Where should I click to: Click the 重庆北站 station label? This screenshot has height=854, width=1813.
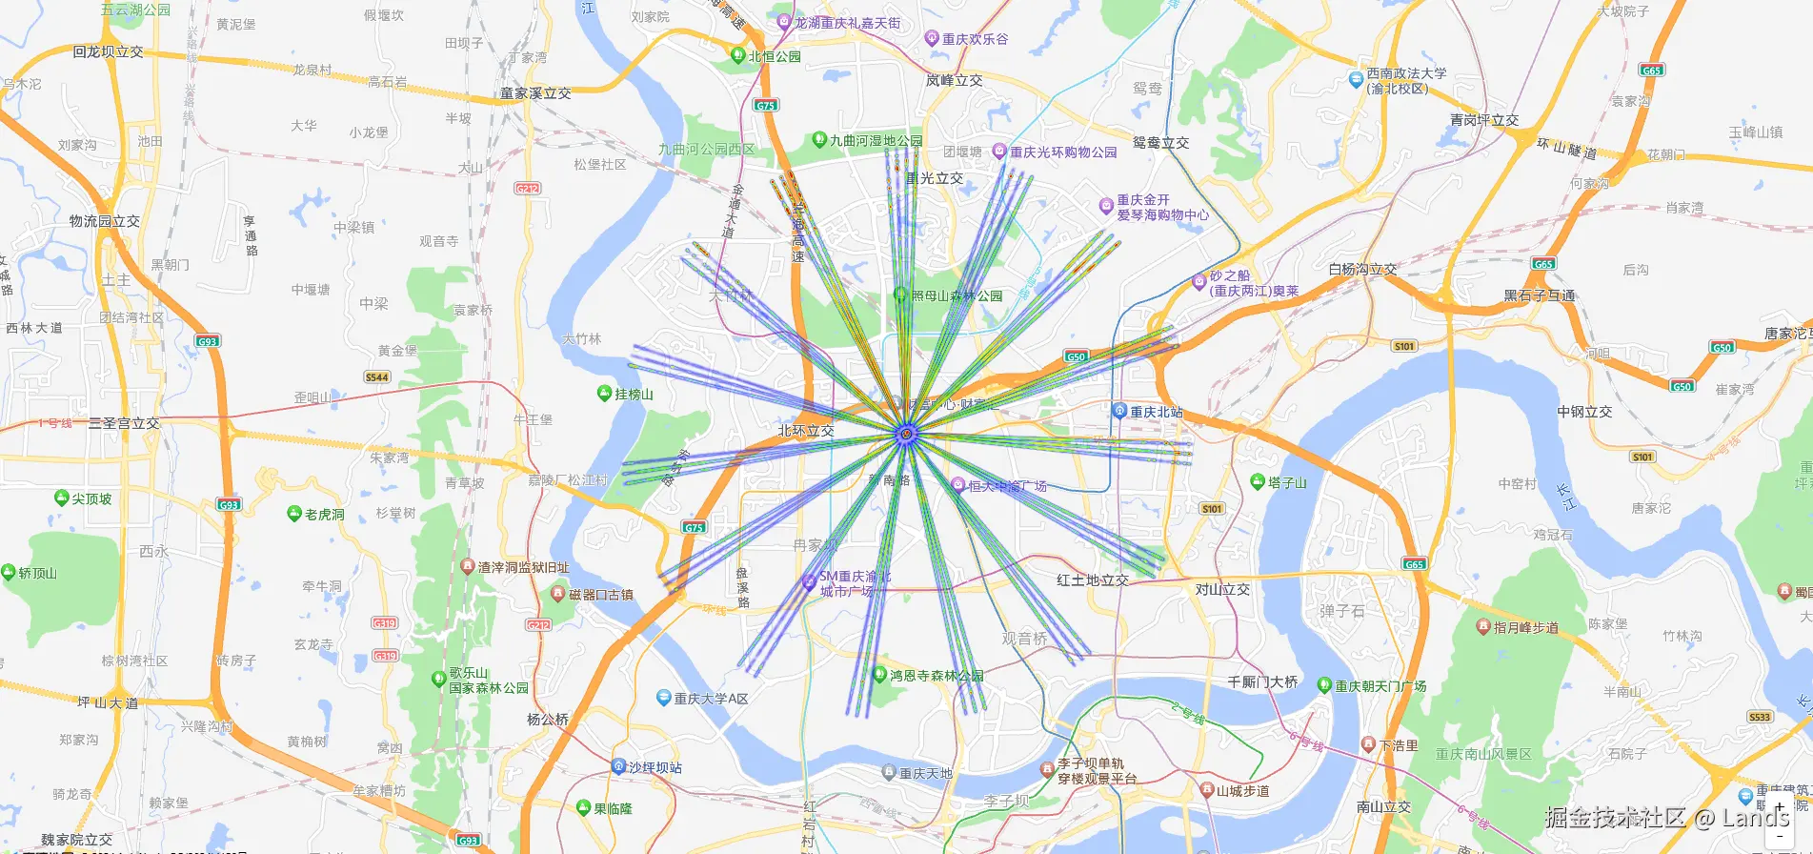coord(1156,412)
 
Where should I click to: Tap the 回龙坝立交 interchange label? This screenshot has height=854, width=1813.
coord(108,51)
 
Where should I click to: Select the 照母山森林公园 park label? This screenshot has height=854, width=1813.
coord(957,295)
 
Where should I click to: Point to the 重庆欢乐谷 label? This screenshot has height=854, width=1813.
coord(975,39)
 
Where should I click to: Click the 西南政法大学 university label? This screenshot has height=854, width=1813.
coord(1405,80)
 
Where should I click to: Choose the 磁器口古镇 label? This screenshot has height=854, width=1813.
coord(600,595)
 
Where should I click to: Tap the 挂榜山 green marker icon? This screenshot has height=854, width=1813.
coord(604,393)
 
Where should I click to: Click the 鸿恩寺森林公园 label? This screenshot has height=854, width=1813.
coord(937,675)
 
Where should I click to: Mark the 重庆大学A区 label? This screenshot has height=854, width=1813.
coord(711,699)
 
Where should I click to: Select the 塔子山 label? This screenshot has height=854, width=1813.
coord(1287,482)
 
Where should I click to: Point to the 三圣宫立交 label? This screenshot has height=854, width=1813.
coord(124,423)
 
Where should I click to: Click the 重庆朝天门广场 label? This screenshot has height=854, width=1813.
coord(1380,685)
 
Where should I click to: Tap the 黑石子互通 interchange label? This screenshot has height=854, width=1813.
coord(1539,295)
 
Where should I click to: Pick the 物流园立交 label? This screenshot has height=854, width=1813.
coord(105,221)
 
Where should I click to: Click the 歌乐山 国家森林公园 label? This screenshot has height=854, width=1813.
coord(488,681)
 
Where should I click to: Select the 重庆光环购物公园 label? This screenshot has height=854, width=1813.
coord(1063,152)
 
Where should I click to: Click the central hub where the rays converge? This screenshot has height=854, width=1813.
coord(907,435)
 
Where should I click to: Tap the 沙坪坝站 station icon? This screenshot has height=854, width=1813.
coord(618,766)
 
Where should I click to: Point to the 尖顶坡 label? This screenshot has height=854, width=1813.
coord(91,498)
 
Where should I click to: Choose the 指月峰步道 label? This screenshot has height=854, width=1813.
coord(1525,627)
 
